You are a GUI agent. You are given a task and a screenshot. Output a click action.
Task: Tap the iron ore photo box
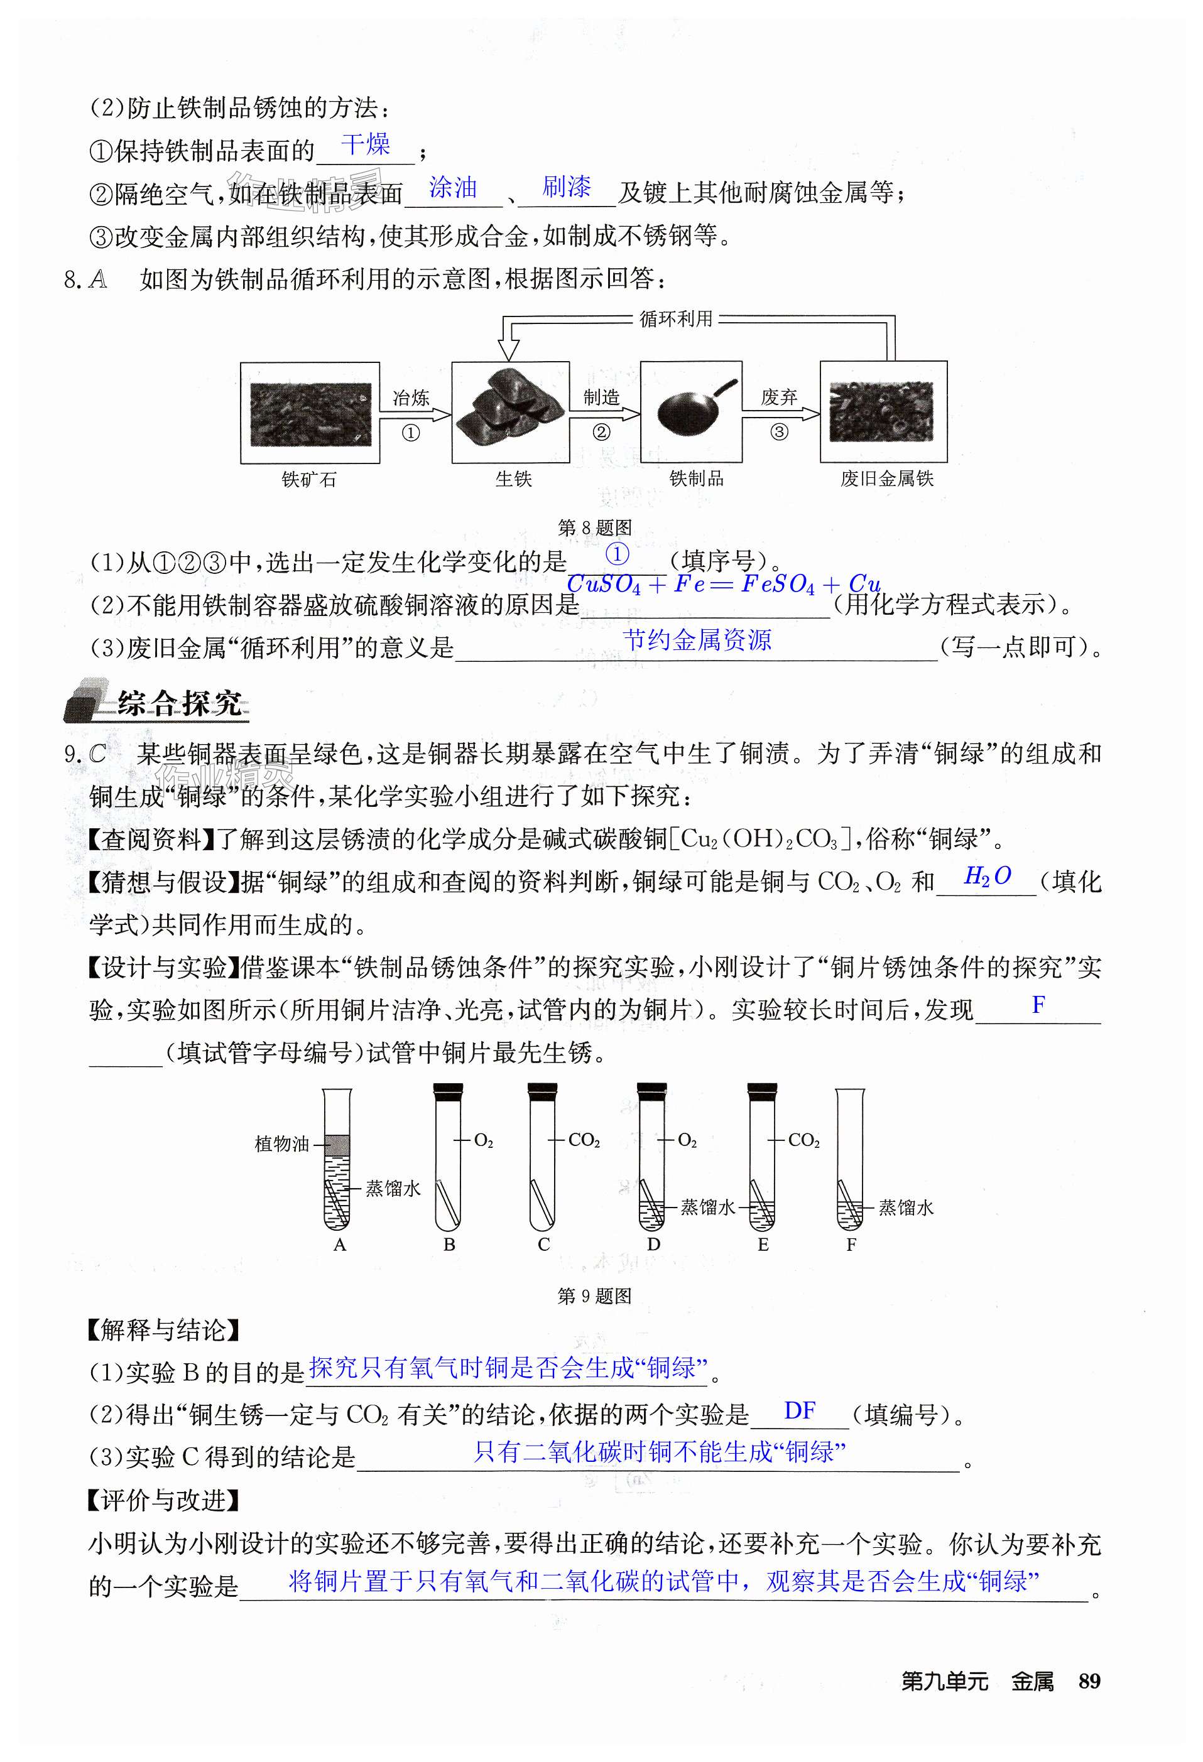310,413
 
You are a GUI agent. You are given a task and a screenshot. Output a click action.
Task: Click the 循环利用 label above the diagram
676,318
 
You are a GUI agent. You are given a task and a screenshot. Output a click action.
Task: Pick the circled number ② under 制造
601,432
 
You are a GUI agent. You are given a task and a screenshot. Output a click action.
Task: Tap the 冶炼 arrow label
410,397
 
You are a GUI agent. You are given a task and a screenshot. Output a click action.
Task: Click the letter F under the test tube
851,1244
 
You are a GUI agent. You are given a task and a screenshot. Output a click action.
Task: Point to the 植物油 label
281,1143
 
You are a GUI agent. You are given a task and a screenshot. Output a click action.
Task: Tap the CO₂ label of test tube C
584,1140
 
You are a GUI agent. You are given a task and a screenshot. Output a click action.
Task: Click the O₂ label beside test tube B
483,1140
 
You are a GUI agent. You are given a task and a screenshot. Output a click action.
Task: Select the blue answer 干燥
365,144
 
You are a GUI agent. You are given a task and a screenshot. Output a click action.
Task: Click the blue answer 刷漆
566,186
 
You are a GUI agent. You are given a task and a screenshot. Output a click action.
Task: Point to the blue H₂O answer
987,877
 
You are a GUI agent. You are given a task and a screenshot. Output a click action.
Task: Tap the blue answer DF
800,1411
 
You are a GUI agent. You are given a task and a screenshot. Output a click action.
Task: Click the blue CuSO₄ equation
723,585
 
